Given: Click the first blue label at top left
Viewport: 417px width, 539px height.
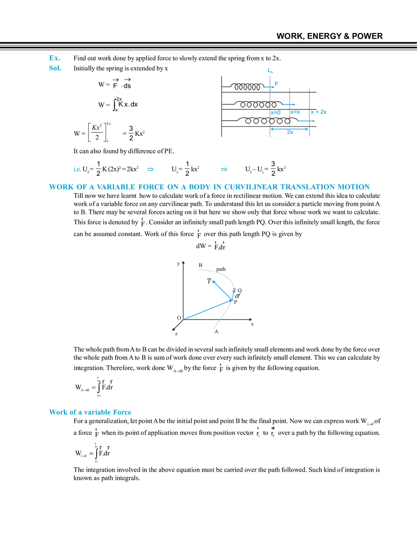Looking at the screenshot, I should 54,58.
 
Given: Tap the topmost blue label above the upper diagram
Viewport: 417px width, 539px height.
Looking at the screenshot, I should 270,71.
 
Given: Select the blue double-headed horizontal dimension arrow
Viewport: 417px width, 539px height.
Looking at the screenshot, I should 289,129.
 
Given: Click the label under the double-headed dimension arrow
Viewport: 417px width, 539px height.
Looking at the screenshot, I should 290,134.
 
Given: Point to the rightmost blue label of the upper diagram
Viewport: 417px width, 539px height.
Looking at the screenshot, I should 320,113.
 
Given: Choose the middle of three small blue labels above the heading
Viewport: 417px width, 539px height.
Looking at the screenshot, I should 150,169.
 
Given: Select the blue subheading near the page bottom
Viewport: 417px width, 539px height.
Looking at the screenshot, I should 90,412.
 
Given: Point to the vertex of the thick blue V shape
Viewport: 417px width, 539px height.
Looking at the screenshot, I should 231,299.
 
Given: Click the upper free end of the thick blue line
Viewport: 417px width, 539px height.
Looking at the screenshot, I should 212,282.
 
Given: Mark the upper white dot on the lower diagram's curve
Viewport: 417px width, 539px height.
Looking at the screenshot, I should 234,289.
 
